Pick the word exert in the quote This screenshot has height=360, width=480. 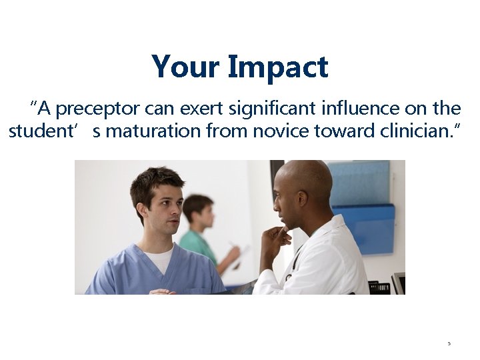(213, 108)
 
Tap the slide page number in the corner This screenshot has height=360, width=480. (449, 344)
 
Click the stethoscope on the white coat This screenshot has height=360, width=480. (292, 267)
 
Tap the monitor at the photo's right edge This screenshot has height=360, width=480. (398, 283)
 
